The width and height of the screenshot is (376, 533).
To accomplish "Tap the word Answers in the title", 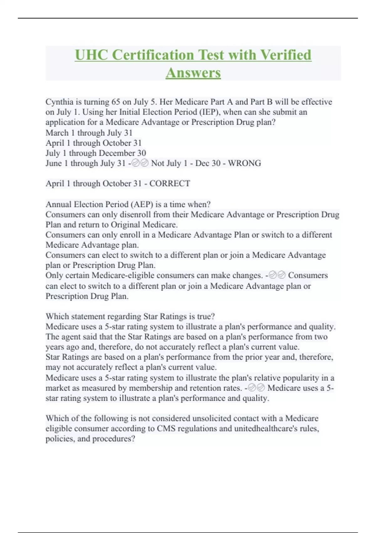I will coord(193,73).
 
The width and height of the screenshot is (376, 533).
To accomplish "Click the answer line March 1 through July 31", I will coord(89,133).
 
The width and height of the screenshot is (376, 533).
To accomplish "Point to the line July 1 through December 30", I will coord(96,153).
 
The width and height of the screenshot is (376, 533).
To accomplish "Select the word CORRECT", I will coord(170,184).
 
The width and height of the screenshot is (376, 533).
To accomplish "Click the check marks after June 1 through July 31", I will coord(140,163).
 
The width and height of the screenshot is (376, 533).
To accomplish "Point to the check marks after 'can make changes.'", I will coord(277,275).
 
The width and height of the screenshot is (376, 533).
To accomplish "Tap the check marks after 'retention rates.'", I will coord(256,388).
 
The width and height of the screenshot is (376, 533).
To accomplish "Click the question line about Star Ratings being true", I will coord(130,316).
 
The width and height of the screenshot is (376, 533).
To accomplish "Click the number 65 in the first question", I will coord(116,102).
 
